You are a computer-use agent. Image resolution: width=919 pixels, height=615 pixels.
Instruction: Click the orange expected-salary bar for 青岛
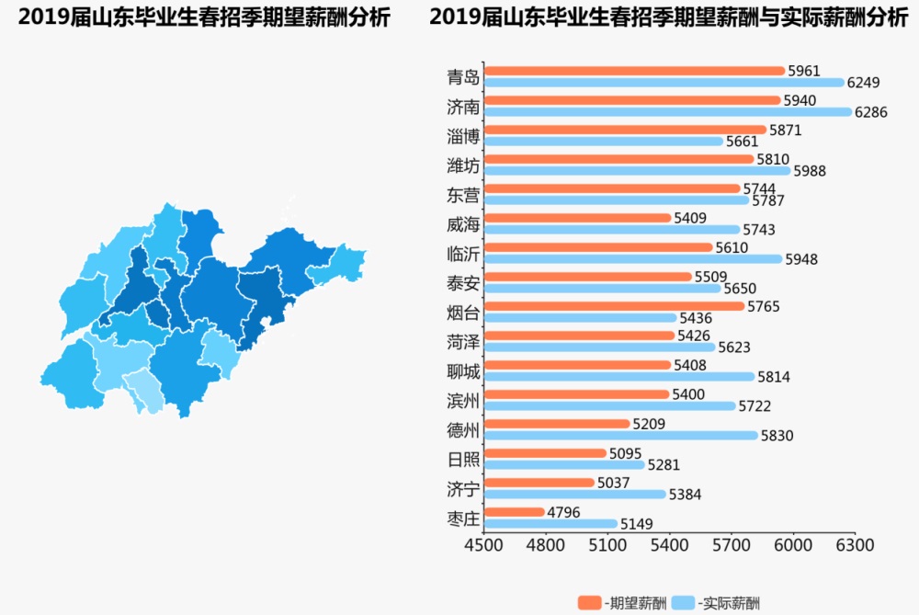[634, 71]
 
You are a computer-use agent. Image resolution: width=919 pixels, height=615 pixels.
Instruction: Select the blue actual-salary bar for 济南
[668, 112]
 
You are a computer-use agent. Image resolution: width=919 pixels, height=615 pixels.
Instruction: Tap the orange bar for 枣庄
[515, 512]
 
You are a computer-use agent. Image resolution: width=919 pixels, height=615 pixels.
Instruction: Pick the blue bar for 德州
[621, 436]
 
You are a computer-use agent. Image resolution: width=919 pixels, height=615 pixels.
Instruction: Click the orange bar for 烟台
[614, 306]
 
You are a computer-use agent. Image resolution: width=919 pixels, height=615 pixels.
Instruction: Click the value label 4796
[564, 512]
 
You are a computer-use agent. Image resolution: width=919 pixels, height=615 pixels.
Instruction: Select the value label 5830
[777, 436]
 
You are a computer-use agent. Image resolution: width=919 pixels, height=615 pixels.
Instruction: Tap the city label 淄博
[463, 136]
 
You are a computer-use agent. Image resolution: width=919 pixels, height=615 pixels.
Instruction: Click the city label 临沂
[463, 254]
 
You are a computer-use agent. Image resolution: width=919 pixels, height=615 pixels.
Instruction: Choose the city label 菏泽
[463, 342]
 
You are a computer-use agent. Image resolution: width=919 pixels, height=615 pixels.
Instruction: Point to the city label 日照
[463, 460]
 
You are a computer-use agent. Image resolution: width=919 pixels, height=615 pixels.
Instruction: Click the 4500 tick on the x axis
[484, 544]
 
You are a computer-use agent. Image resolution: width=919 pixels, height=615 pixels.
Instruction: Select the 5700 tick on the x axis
[732, 544]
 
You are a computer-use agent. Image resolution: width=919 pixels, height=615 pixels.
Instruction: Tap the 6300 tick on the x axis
[855, 544]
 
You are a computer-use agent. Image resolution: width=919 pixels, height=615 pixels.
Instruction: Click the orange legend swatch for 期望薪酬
[589, 603]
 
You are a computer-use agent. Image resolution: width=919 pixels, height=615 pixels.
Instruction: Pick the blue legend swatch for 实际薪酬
[684, 603]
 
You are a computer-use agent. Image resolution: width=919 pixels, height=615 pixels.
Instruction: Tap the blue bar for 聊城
[618, 377]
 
